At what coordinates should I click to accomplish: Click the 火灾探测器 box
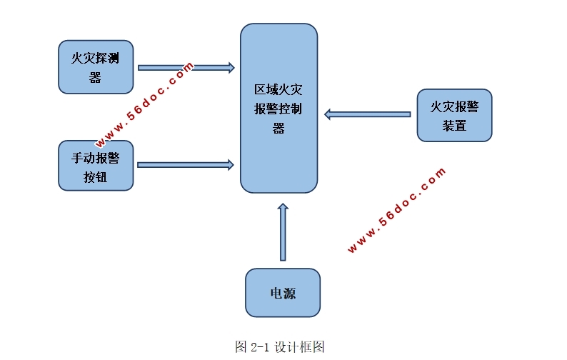click(96, 67)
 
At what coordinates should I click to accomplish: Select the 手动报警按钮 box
click(96, 166)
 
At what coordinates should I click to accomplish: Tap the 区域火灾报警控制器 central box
click(279, 108)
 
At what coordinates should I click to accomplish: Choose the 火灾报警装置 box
click(455, 116)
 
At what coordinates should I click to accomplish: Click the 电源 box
click(283, 293)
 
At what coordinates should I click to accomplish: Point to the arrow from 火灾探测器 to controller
click(186, 68)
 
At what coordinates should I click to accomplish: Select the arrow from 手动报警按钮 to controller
click(186, 165)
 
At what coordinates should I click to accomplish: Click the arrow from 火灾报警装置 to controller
click(367, 114)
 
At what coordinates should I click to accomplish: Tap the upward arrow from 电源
click(283, 232)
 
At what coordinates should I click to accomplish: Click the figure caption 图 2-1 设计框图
click(279, 346)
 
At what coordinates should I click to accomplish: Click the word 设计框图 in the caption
click(299, 346)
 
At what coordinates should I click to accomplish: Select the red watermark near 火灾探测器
click(144, 105)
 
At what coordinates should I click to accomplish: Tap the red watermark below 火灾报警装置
click(396, 210)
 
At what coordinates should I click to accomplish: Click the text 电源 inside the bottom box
click(283, 293)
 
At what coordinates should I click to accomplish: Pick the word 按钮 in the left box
click(96, 177)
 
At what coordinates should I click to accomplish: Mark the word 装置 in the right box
click(454, 126)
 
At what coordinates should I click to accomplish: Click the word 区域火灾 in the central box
click(278, 89)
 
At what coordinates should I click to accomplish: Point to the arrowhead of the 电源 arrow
click(283, 206)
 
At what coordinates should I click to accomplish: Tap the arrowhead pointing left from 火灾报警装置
click(328, 114)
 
